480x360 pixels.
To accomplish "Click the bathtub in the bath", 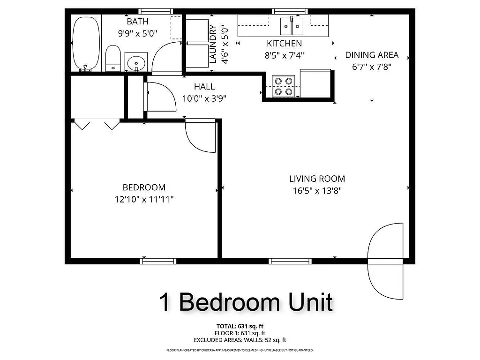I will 86,43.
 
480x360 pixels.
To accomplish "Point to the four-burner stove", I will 283,86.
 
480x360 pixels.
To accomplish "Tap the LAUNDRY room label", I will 213,44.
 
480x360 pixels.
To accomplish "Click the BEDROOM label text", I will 144,187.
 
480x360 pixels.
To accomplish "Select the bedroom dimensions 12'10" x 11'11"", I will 144,199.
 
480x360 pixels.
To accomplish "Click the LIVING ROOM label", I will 317,179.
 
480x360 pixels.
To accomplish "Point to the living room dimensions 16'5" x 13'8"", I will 317,191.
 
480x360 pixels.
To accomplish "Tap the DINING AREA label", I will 372,55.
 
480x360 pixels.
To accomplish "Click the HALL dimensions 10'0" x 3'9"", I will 204,98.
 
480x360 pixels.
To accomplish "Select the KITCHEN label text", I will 284,44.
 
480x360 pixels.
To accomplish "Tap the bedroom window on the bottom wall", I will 158,261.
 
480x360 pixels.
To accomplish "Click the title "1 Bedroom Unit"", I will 246,302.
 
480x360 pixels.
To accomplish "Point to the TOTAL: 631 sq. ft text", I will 240,326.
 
